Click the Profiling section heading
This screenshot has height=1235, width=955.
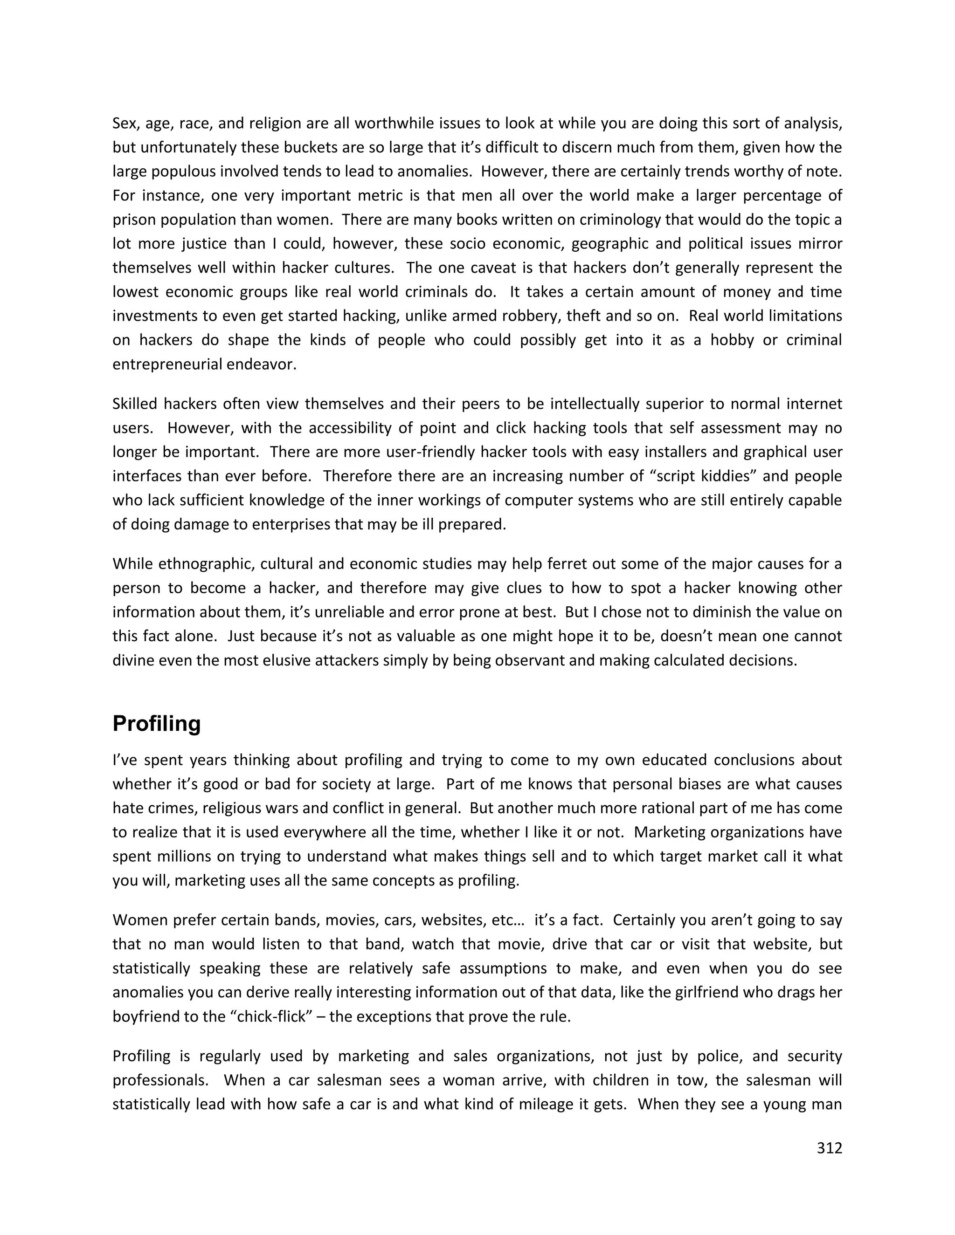click(x=157, y=724)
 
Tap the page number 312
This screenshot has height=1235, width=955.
click(x=830, y=1148)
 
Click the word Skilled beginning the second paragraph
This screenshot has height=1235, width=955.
click(x=135, y=404)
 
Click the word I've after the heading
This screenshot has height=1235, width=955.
click(x=125, y=760)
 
